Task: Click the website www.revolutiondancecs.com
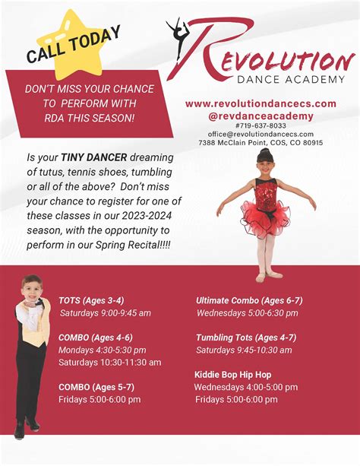tap(261, 103)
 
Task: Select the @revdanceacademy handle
tap(261, 115)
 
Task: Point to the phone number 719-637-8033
tap(261, 125)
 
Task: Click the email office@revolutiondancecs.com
tap(261, 134)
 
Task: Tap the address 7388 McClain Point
tap(261, 142)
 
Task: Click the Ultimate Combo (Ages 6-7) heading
tap(248, 300)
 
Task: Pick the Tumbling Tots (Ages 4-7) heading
tap(245, 338)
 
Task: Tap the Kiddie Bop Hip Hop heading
tap(233, 375)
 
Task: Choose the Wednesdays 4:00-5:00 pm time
tap(245, 387)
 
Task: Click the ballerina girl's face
tap(264, 161)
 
